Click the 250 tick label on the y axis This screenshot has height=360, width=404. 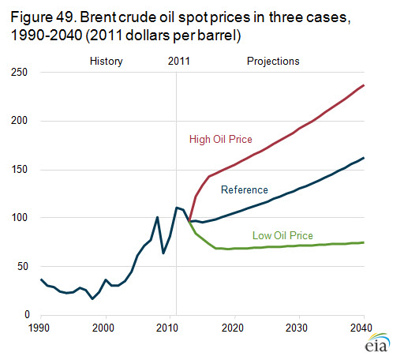point(19,72)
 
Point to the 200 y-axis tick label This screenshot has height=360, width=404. point(19,121)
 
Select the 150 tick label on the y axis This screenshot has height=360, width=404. point(19,169)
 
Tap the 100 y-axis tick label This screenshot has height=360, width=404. point(19,218)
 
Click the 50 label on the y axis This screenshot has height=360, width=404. point(22,266)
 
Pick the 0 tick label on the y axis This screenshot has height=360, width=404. point(27,314)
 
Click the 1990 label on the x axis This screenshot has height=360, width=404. point(39,328)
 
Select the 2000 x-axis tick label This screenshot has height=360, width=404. point(103,328)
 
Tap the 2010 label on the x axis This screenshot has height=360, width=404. point(167,328)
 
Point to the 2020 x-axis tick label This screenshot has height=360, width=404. point(233,328)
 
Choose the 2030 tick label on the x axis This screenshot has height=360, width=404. point(297,328)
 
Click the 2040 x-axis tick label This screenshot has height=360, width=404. point(361,328)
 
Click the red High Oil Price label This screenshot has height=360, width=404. point(221,139)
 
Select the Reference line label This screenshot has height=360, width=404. point(245,189)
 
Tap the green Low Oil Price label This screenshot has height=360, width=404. point(282,235)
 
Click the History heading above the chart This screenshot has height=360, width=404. point(107,62)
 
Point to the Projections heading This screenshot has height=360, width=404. point(273,62)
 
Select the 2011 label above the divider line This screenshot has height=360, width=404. point(179,62)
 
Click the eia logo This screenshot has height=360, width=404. point(377,343)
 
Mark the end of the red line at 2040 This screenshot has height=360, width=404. point(364,85)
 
